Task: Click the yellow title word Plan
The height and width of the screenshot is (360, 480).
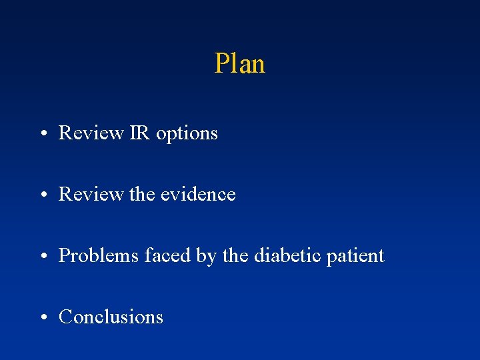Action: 240,63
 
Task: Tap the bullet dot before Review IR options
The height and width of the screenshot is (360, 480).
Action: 42,134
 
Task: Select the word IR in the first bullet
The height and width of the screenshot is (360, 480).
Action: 139,133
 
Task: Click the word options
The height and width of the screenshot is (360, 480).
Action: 187,134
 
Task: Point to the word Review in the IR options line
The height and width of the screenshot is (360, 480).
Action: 91,133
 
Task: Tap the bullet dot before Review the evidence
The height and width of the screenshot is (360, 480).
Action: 42,195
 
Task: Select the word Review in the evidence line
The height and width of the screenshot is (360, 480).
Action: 91,194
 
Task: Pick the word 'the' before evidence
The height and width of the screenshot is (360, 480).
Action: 147,194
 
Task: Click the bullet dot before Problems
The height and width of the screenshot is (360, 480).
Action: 42,257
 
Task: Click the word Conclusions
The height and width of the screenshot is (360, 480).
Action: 111,317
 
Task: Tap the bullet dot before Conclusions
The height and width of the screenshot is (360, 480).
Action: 42,318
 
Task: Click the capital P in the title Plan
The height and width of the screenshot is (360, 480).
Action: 222,63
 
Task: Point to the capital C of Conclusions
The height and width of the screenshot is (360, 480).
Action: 65,317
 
